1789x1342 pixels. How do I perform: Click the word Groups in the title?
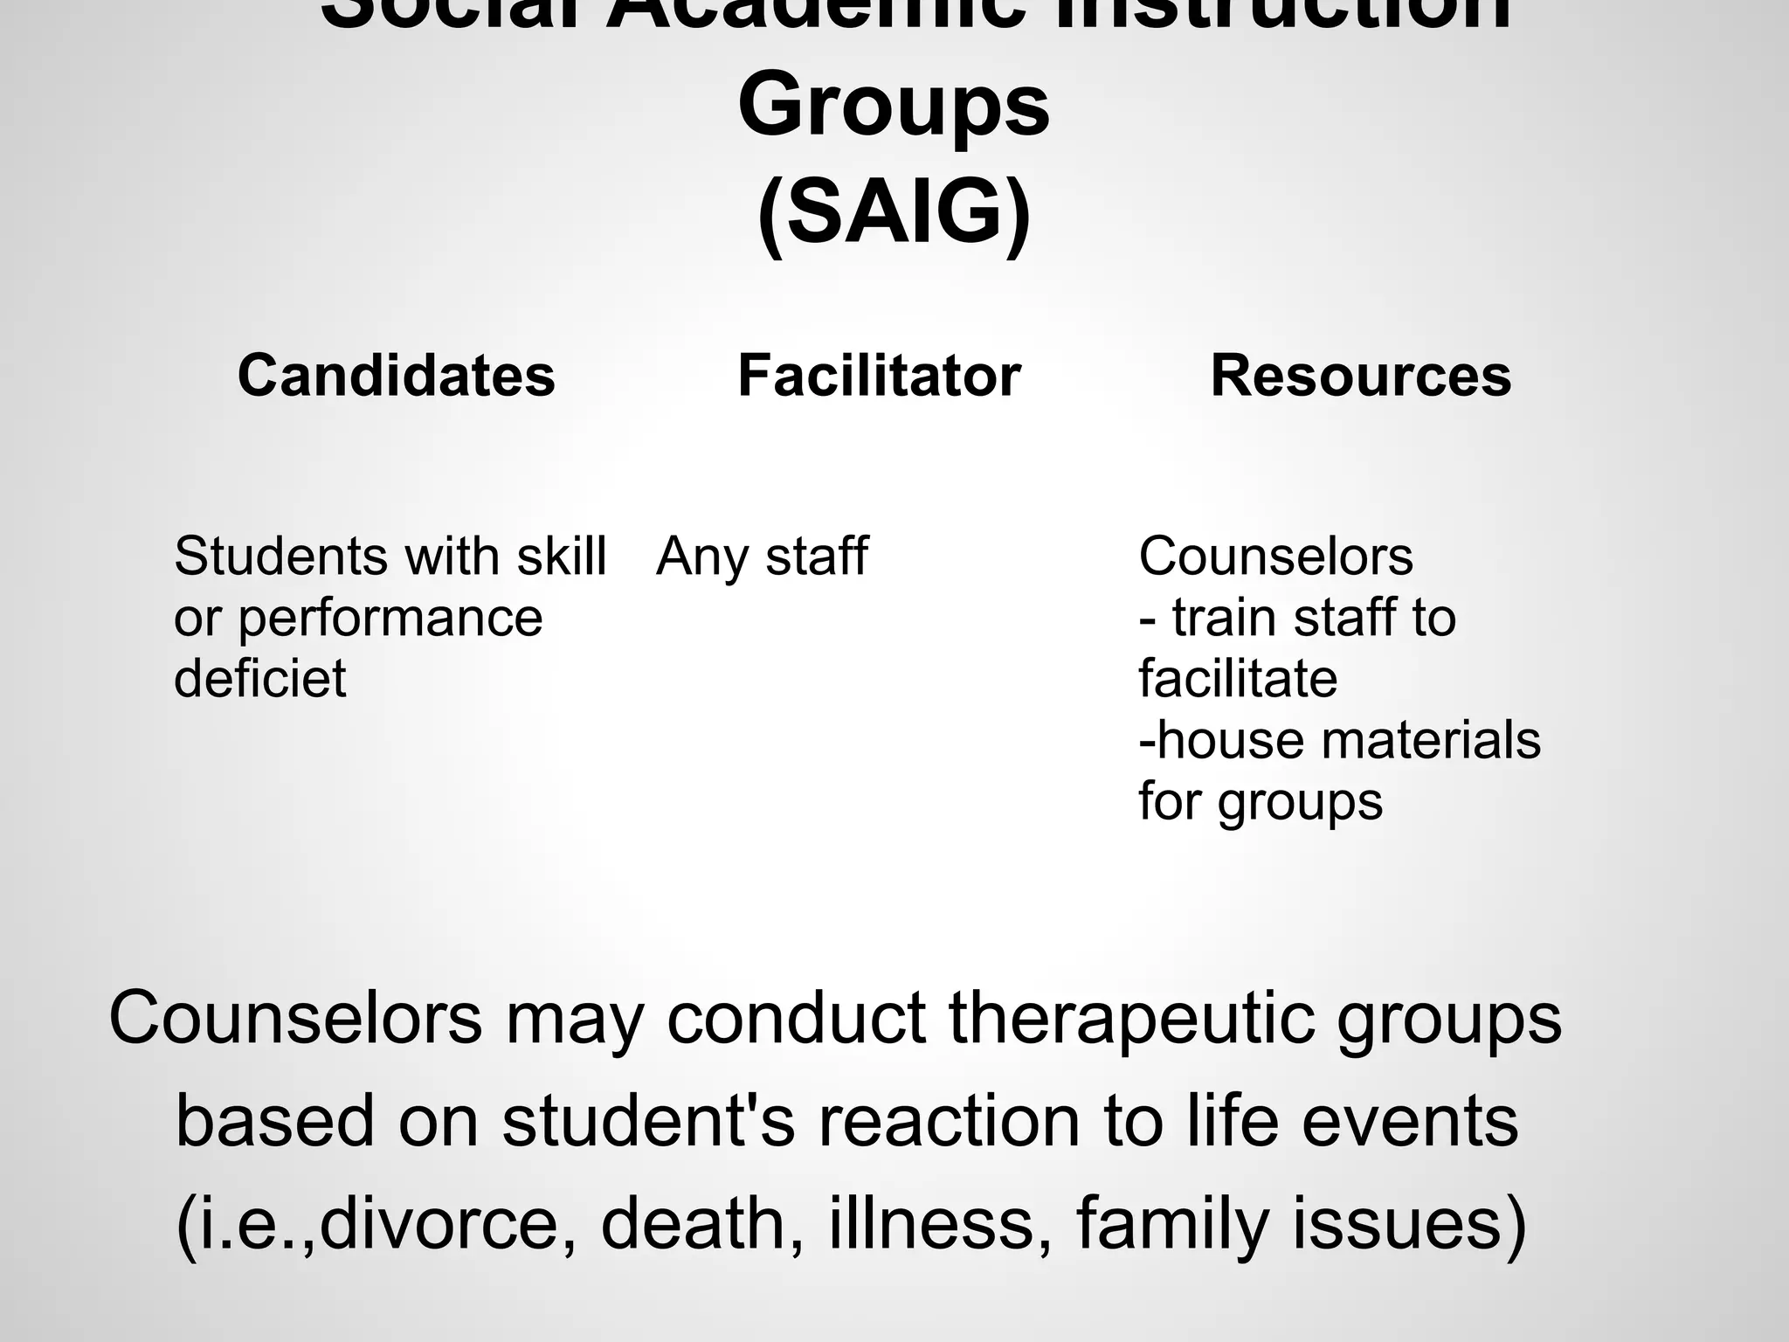click(894, 109)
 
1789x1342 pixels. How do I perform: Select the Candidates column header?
click(397, 376)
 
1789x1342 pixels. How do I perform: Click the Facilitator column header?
click(879, 376)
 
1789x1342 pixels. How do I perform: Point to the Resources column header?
click(1360, 376)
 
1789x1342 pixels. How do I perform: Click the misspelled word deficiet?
click(260, 678)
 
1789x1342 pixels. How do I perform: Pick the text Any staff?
click(762, 557)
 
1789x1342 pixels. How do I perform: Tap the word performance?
click(390, 619)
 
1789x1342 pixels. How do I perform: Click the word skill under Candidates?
click(561, 556)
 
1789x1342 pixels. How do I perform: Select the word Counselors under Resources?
click(1275, 556)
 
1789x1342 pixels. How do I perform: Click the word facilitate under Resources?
click(1238, 678)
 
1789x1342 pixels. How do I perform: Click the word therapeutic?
click(1132, 1019)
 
